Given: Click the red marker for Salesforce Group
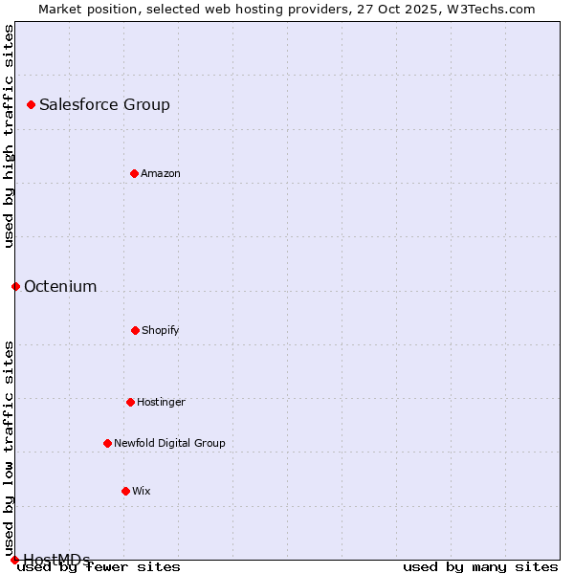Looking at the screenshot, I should click(31, 104).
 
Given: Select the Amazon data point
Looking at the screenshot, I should click(134, 173).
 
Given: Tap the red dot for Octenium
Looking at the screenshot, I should click(15, 286).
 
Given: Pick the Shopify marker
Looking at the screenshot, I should click(135, 330).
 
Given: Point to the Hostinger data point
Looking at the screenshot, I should click(130, 402).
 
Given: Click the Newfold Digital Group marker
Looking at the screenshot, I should click(107, 443).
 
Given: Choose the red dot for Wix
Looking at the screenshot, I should click(125, 491).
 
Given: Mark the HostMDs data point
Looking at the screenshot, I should click(14, 560).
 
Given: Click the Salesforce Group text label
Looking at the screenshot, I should click(104, 104).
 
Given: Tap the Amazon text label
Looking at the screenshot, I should click(161, 173).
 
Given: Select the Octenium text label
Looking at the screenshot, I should click(60, 286).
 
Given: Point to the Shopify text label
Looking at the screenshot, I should click(161, 330).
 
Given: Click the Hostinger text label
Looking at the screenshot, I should click(161, 402).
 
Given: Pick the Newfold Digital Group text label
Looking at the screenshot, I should click(169, 443).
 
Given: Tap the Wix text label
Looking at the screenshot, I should click(142, 491).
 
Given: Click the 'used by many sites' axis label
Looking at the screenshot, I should click(480, 566).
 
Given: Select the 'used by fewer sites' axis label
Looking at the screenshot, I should click(99, 566).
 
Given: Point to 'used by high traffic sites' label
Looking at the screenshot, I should click(9, 136).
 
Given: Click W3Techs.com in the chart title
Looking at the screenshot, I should click(487, 9).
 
